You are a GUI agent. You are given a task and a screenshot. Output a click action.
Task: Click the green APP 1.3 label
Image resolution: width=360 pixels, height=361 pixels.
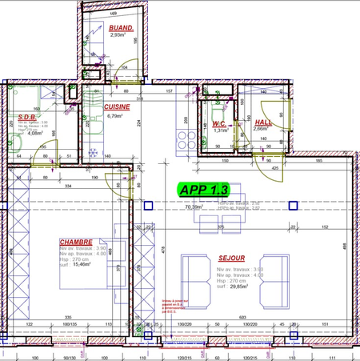click(x=205, y=190)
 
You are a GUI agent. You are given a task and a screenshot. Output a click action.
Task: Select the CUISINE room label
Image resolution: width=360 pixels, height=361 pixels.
click(x=118, y=106)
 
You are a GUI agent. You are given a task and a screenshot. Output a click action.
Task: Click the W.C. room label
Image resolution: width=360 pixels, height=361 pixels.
click(x=220, y=123)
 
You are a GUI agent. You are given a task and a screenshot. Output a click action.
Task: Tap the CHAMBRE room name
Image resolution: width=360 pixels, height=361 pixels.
click(x=76, y=241)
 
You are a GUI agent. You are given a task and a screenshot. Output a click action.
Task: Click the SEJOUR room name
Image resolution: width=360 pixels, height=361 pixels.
click(x=230, y=259)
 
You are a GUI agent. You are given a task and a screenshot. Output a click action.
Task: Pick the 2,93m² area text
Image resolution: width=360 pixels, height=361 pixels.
click(x=118, y=35)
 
